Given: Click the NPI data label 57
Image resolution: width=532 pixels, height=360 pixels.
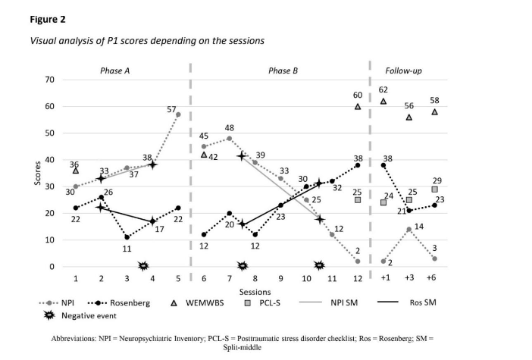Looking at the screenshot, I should coord(171,110).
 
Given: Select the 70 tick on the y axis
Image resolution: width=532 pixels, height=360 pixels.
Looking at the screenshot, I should coord(50,80).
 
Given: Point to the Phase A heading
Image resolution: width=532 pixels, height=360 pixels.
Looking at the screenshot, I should coord(116,70).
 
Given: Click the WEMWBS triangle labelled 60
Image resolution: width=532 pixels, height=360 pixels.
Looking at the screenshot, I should coord(358,106).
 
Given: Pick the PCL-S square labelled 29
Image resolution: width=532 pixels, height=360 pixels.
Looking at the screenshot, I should coord(434,189).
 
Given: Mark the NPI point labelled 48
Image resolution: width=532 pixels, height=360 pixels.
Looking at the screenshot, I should coord(230,138).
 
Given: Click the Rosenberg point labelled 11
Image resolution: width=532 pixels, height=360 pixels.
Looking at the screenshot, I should coord(127,237).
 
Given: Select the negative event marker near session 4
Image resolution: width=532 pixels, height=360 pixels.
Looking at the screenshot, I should coord(142,266).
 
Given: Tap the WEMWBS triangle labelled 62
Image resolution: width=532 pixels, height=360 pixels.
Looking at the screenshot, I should coord(383,101).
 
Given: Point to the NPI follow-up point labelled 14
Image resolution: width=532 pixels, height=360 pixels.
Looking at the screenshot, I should coord(409,229).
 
